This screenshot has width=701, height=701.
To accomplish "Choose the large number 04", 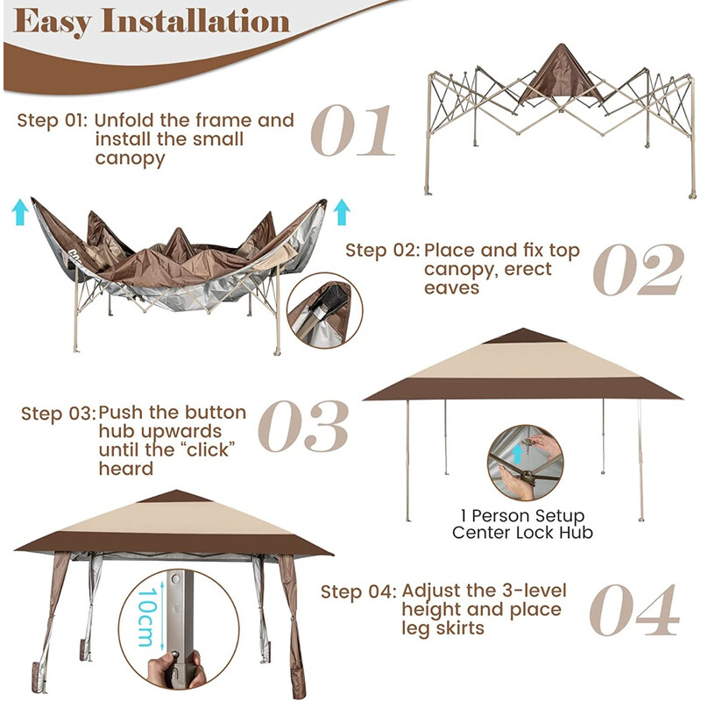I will coord(634,609).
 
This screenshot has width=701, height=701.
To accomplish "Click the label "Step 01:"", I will coord(52,120).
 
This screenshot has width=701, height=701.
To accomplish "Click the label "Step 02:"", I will coord(382,251).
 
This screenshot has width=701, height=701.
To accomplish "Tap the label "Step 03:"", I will coord(57,413).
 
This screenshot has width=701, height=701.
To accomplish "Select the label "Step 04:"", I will coord(358,591).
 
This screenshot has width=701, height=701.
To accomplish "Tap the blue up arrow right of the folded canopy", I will coord(342,211).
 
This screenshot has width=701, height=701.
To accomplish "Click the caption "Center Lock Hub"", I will coord(524,532).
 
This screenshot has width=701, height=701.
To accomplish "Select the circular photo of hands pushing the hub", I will coord(524,463).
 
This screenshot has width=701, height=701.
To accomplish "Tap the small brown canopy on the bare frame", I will coord(561,74).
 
